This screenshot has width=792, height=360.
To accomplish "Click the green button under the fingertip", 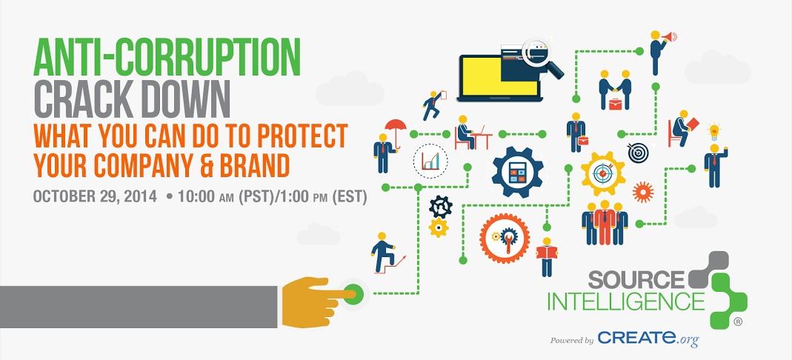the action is (353, 293).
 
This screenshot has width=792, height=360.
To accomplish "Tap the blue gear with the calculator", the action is (517, 172).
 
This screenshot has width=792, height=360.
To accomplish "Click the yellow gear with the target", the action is (602, 173).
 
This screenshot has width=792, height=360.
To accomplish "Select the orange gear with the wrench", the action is (504, 238).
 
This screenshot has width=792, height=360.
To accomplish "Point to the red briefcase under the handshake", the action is (615, 104).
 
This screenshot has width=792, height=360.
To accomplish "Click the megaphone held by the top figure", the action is (670, 36).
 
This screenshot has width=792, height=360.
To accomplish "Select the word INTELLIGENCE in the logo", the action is (626, 301).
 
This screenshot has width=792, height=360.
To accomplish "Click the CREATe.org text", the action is (648, 339).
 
